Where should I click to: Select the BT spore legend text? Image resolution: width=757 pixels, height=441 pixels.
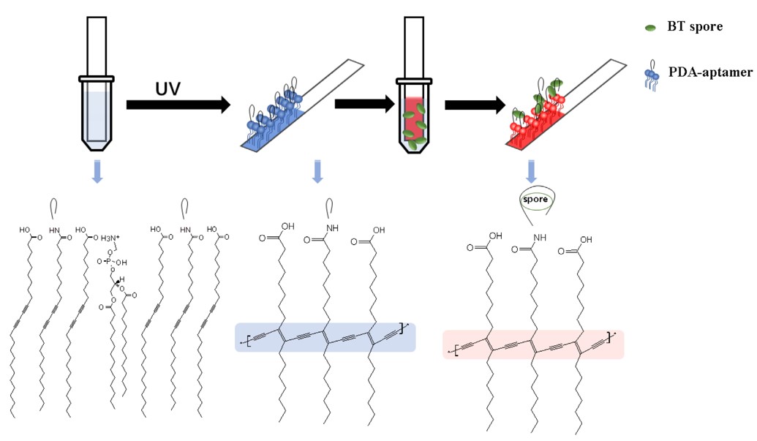pyautogui.click(x=695, y=27)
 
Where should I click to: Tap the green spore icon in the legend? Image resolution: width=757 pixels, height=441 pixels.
pyautogui.click(x=649, y=29)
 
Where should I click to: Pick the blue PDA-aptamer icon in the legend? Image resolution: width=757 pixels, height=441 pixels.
pyautogui.click(x=649, y=75)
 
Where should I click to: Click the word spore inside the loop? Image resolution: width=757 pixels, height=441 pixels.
pyautogui.click(x=533, y=197)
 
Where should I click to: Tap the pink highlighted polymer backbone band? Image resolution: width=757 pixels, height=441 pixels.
pyautogui.click(x=533, y=344)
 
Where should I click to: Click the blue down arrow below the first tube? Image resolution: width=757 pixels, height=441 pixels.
pyautogui.click(x=96, y=170)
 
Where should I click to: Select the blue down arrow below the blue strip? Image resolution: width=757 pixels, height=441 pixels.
pyautogui.click(x=317, y=170)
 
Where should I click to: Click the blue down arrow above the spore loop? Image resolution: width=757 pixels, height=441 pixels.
pyautogui.click(x=532, y=170)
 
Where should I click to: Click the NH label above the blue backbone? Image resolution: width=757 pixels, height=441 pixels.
pyautogui.click(x=329, y=237)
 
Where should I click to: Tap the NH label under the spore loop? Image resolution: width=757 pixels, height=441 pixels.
pyautogui.click(x=538, y=238)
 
